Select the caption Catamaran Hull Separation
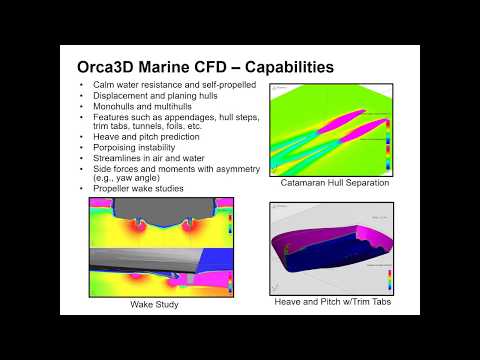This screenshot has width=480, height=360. click(336, 184)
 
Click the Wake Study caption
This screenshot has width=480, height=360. click(154, 304)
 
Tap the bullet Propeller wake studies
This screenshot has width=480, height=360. click(135, 187)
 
